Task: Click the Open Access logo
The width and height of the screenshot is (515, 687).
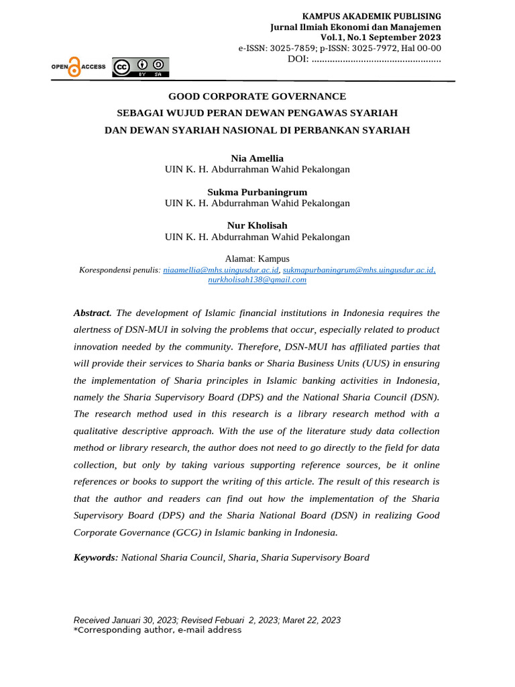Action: pos(78,66)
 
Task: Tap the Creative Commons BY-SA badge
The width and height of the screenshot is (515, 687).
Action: pos(141,67)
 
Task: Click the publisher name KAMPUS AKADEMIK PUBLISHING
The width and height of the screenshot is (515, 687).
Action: pos(371,15)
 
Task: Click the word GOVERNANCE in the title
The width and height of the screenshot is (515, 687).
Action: pos(301,97)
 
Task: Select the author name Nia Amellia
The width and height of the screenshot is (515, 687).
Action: pos(257,158)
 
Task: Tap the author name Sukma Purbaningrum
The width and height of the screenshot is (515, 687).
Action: pos(257,192)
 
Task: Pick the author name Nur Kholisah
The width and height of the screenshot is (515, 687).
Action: pos(257,225)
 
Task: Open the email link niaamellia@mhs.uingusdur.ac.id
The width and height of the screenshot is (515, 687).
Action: pos(221,270)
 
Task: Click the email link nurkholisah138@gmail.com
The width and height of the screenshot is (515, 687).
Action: pos(257,280)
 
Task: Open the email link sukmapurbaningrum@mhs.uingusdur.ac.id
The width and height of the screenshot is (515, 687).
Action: pos(358,270)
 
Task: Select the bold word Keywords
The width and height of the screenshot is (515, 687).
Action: pos(95,558)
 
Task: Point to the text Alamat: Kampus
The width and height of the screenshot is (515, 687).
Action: pos(257,258)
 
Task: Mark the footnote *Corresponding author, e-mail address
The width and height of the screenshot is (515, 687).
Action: pos(157,630)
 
